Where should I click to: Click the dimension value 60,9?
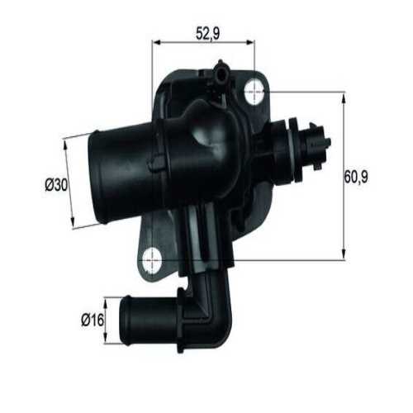click(356, 177)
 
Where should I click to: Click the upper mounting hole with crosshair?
click(256, 93)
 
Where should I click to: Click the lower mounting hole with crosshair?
click(152, 259)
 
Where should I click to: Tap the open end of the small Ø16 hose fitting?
click(125, 316)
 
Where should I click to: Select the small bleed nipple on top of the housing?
click(221, 74)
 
